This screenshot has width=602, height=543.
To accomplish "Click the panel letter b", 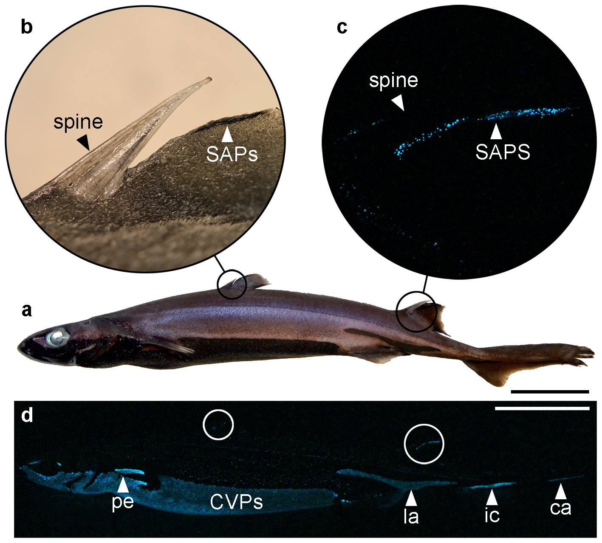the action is pyautogui.click(x=27, y=27).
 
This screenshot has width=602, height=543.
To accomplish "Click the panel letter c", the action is pyautogui.click(x=342, y=27).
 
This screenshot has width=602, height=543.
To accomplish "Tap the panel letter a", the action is pyautogui.click(x=27, y=311).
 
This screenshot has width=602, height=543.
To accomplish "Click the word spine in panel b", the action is pyautogui.click(x=78, y=122).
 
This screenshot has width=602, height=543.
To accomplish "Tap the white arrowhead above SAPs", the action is pyautogui.click(x=228, y=134).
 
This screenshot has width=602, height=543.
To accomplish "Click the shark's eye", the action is pyautogui.click(x=58, y=337).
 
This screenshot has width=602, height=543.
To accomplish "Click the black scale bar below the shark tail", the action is pyautogui.click(x=550, y=391).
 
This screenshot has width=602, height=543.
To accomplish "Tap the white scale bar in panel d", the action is pyautogui.click(x=542, y=408).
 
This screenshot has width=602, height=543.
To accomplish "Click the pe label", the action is pyautogui.click(x=123, y=502).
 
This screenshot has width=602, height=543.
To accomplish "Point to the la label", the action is pyautogui.click(x=411, y=516).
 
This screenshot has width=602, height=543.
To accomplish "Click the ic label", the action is pyautogui.click(x=492, y=516).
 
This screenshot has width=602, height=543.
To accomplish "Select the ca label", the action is pyautogui.click(x=561, y=508).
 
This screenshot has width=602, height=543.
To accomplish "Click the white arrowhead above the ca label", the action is pyautogui.click(x=561, y=491).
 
